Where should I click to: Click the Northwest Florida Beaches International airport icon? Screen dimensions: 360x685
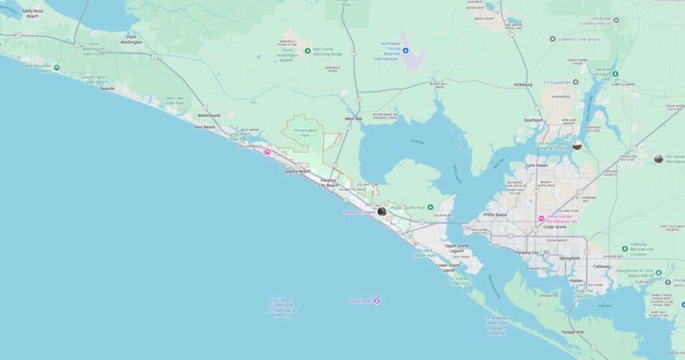pos(405,50)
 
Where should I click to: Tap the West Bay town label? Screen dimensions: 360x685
pos(353,118)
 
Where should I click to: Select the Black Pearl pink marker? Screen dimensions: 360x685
pos(377,301)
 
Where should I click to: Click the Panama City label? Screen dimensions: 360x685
pos(527,252)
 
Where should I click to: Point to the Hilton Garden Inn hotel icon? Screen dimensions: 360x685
pos(541,219)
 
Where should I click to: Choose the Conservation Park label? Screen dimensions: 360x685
pos(305,132)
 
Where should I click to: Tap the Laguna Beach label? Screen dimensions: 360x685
pos(297,171)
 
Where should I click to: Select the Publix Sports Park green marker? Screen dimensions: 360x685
pos(430,207)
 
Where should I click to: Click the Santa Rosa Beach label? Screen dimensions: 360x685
pos(32,13)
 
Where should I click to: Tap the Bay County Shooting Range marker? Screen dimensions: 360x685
pos(308,50)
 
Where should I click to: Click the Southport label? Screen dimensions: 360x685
pos(534,120)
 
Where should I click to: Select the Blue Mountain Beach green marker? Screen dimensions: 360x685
pos(56,67)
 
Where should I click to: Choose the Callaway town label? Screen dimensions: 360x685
pos(601,266)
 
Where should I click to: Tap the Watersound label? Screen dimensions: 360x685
pos(209,115)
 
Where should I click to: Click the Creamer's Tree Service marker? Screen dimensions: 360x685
pos(553,39)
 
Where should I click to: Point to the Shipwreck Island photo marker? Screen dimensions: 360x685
pos(382,211)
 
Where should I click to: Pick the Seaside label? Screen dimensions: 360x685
pos(107,88)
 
